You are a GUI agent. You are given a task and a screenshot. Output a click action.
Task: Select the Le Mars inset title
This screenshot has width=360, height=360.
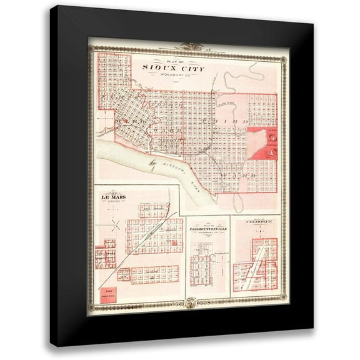114,197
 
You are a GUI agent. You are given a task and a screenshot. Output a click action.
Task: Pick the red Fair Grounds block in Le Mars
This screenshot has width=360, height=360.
107,293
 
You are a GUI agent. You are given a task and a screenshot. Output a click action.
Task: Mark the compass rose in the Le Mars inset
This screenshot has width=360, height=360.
114,225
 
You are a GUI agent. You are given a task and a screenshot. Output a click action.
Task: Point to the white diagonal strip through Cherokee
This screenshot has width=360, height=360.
257,269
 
